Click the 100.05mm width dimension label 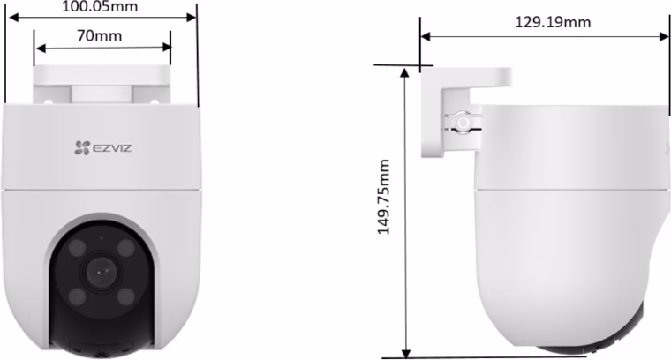(x=100, y=6)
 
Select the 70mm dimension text (x=99, y=35)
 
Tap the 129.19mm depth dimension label (x=553, y=22)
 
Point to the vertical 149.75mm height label (x=384, y=197)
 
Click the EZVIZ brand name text (x=112, y=148)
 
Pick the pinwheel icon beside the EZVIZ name (x=82, y=148)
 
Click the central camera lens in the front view (x=102, y=272)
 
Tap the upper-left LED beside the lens (x=77, y=248)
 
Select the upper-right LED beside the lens (x=126, y=248)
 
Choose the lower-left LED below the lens (x=77, y=296)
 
